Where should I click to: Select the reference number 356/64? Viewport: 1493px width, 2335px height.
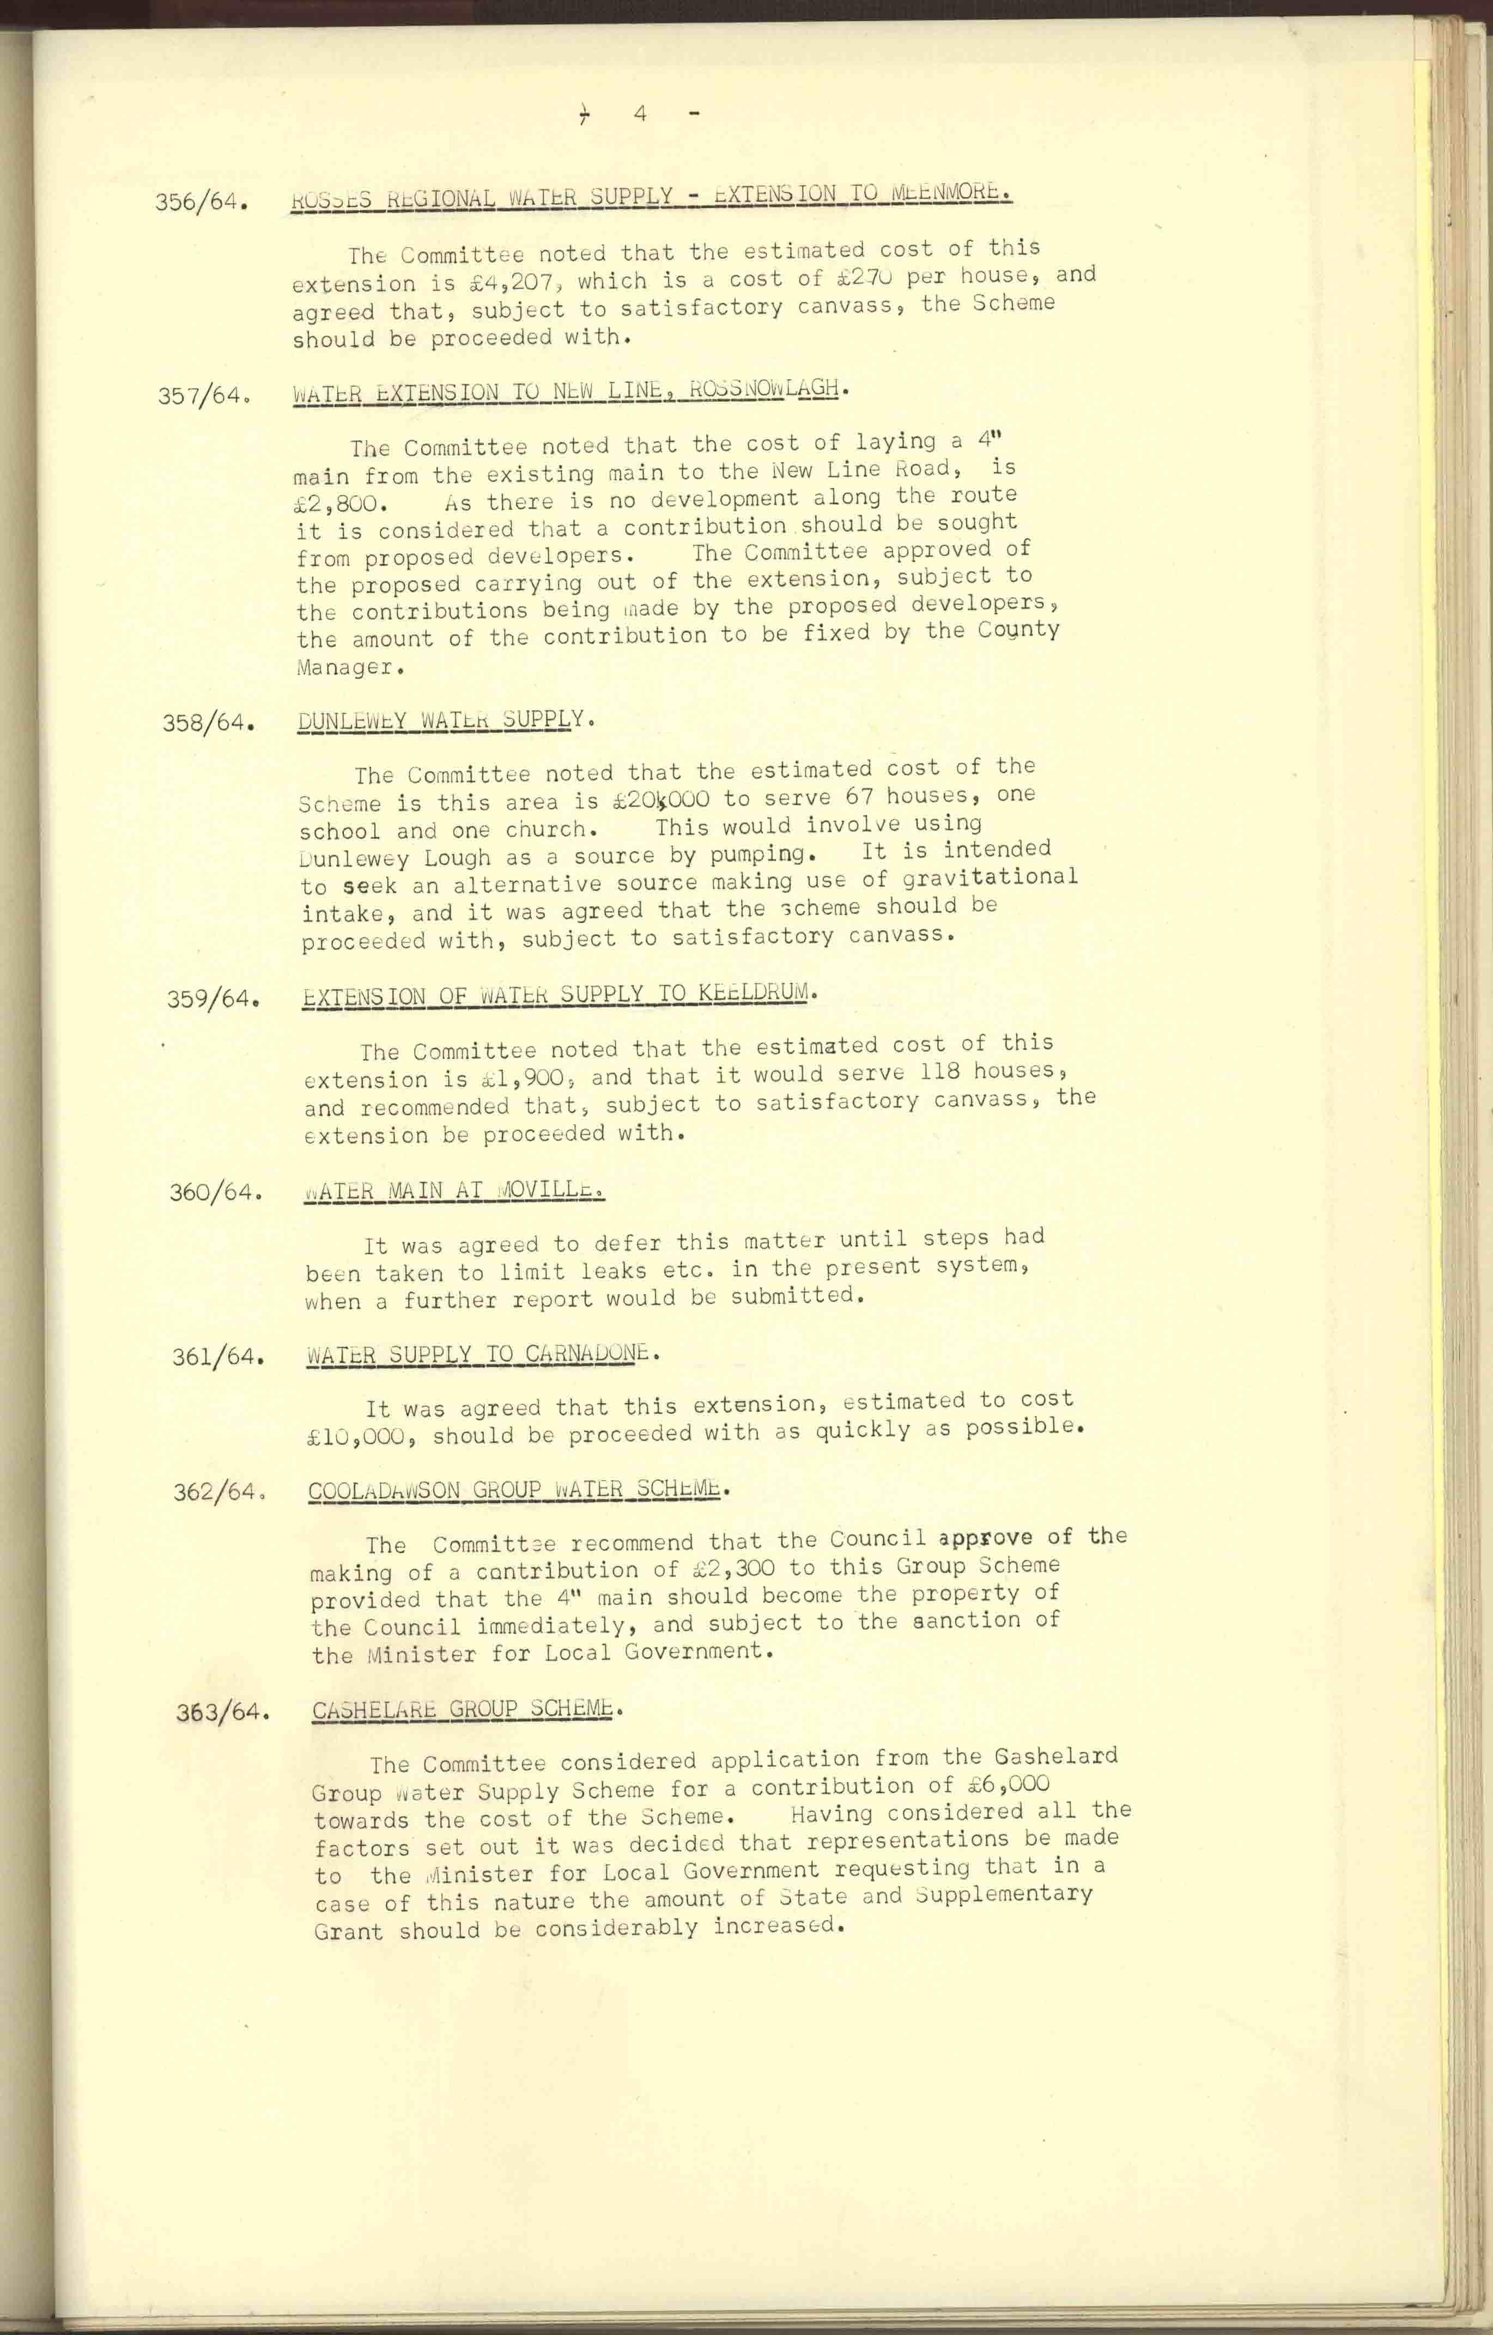[202, 204]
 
